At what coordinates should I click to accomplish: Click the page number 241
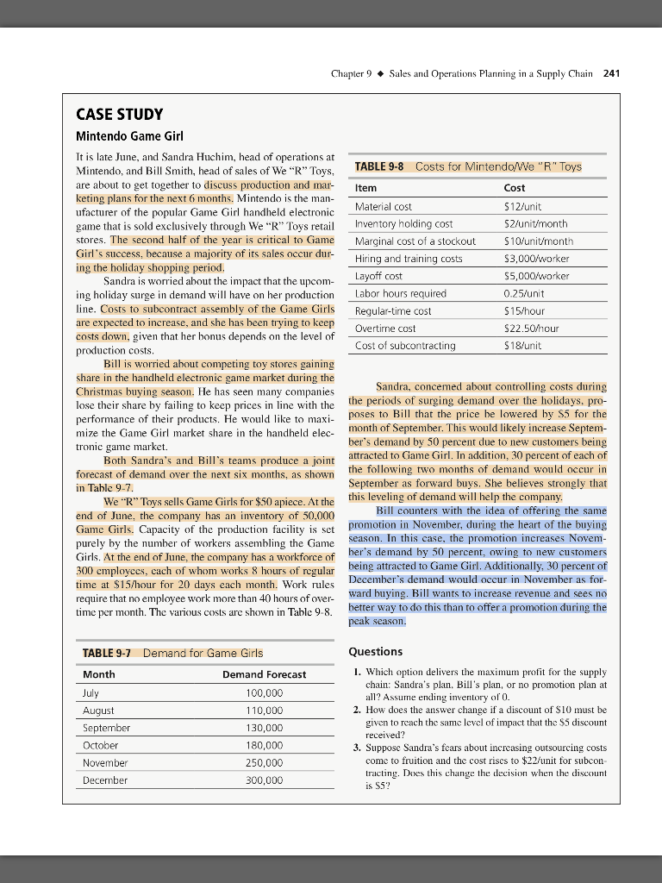[x=612, y=73]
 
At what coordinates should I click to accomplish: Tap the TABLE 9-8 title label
[x=379, y=166]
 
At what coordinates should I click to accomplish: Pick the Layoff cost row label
[x=378, y=276]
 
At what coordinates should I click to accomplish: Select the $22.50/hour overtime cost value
[x=531, y=329]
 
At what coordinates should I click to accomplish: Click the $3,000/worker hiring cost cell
[x=534, y=259]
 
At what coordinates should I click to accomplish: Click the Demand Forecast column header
[x=264, y=674]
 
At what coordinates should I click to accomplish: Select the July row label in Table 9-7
[x=91, y=692]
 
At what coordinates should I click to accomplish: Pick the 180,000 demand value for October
[x=264, y=745]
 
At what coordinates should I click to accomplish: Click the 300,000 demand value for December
[x=264, y=780]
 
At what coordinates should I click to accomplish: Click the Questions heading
[x=376, y=652]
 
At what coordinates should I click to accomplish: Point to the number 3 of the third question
[x=357, y=747]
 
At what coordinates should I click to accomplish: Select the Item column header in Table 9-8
[x=365, y=188]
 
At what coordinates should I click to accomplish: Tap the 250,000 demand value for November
[x=264, y=762]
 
